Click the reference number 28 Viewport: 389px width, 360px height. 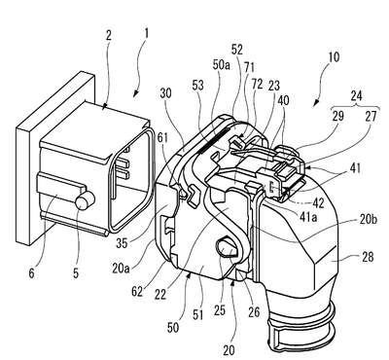pyautogui.click(x=367, y=257)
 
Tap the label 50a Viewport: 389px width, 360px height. pyautogui.click(x=221, y=65)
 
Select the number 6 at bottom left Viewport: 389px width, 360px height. pyautogui.click(x=31, y=272)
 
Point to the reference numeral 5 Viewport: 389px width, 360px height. pyautogui.click(x=76, y=272)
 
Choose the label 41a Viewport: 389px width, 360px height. pyautogui.click(x=308, y=216)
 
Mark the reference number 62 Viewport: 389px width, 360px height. pyautogui.click(x=137, y=291)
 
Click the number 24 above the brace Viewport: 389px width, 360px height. pyautogui.click(x=356, y=95)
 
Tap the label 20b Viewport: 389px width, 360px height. pyautogui.click(x=369, y=219)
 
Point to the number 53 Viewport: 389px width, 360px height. pyautogui.click(x=197, y=86)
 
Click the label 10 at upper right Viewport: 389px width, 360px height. pyautogui.click(x=334, y=57)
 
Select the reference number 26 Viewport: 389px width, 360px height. pyautogui.click(x=254, y=311)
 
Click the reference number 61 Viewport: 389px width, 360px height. pyautogui.click(x=163, y=138)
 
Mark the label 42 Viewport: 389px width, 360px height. pyautogui.click(x=318, y=202)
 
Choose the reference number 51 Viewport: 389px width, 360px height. pyautogui.click(x=198, y=314)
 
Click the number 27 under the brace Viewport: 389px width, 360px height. pyautogui.click(x=371, y=117)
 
